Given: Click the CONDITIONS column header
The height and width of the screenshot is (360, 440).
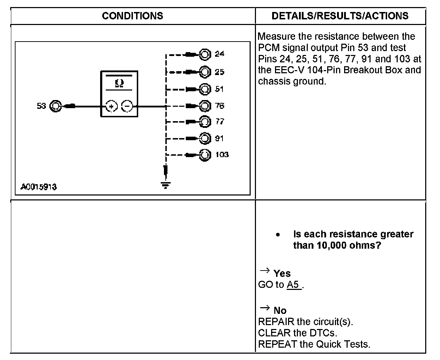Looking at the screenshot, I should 133,16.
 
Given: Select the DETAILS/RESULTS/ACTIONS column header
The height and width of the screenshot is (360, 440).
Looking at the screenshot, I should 340,16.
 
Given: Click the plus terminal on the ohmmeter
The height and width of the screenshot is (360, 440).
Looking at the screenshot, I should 112,106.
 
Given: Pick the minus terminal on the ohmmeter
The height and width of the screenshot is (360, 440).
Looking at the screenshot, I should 127,106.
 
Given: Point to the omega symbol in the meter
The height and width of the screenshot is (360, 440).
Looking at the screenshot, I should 120,83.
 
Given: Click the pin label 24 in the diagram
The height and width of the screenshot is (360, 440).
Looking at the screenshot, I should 219,54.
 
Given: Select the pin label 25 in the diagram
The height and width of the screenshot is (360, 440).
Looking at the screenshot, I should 219,72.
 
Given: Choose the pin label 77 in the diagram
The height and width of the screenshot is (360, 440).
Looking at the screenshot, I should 219,122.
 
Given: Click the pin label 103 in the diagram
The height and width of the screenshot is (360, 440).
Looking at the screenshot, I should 222,155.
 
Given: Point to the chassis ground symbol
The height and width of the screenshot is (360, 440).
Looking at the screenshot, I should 165,184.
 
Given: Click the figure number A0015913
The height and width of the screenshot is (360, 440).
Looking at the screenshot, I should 38,187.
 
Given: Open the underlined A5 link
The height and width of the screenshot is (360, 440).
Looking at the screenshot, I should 294,285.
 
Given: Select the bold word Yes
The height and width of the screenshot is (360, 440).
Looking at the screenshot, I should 282,273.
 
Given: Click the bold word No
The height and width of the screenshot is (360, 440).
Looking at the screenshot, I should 280,310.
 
